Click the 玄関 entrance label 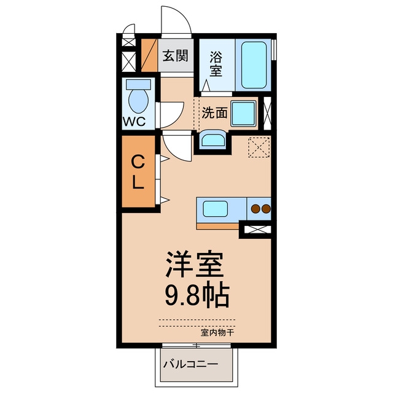pyautogui.click(x=176, y=55)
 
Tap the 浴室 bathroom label pyautogui.click(x=216, y=64)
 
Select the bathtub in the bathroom pyautogui.click(x=254, y=65)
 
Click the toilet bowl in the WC pyautogui.click(x=138, y=101)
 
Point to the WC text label pyautogui.click(x=134, y=122)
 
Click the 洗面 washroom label pyautogui.click(x=214, y=113)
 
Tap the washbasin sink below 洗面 pyautogui.click(x=213, y=140)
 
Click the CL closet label pyautogui.click(x=138, y=172)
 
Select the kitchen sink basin pyautogui.click(x=216, y=209)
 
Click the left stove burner pyautogui.click(x=256, y=209)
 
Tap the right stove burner pyautogui.click(x=266, y=209)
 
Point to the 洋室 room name pyautogui.click(x=194, y=264)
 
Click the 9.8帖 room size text pyautogui.click(x=197, y=295)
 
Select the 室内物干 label pyautogui.click(x=217, y=333)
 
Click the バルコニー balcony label pyautogui.click(x=191, y=364)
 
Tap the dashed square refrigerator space pyautogui.click(x=259, y=147)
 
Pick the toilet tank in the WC pyautogui.click(x=138, y=85)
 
